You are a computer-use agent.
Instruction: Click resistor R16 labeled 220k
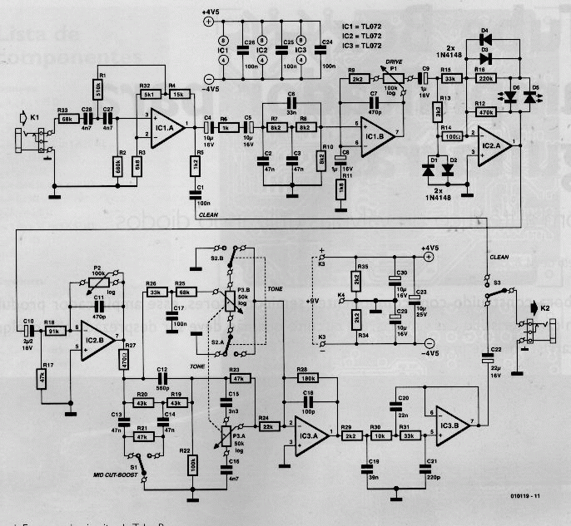[x=481, y=78]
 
